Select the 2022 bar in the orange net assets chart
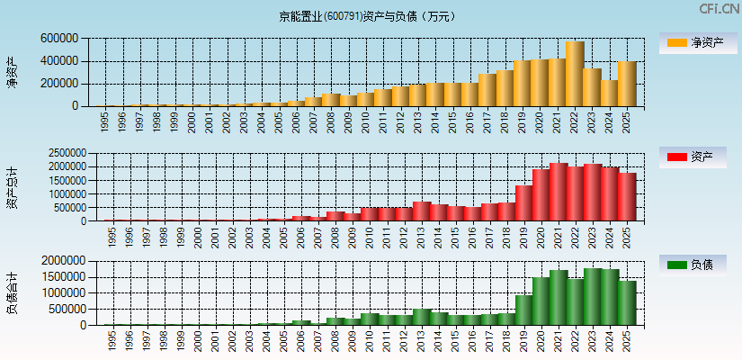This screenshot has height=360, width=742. (575, 74)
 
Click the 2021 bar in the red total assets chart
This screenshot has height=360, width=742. (559, 192)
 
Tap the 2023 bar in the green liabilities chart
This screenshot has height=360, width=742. (593, 296)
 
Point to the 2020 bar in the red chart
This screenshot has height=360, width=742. (541, 194)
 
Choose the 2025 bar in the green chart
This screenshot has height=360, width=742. (627, 302)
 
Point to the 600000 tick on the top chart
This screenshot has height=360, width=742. (58, 39)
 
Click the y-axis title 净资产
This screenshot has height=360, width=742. (12, 72)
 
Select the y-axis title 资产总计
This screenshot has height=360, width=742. (12, 187)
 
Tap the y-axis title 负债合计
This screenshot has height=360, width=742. (12, 292)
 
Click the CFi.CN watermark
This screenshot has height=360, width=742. (720, 9)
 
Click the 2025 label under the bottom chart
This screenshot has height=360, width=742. (628, 341)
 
